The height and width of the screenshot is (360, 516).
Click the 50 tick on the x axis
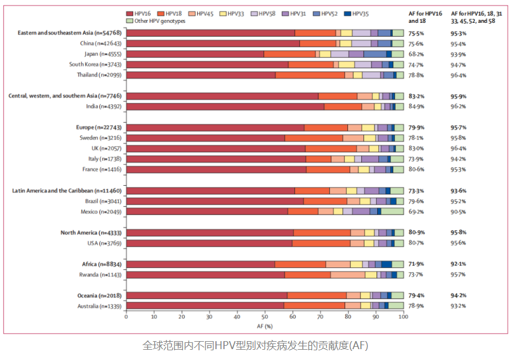point(265,316)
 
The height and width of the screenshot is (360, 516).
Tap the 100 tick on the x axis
point(403,316)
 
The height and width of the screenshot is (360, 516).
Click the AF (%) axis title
point(265,326)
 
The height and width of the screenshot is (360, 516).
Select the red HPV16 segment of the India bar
point(225,106)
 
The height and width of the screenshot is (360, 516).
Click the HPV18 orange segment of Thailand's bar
point(310,75)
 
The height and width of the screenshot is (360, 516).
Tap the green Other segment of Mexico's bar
point(392,211)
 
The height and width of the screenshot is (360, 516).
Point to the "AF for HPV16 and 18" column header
point(424,16)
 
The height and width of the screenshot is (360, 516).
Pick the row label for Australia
point(99,306)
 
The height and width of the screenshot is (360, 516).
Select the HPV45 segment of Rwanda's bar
point(347,275)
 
